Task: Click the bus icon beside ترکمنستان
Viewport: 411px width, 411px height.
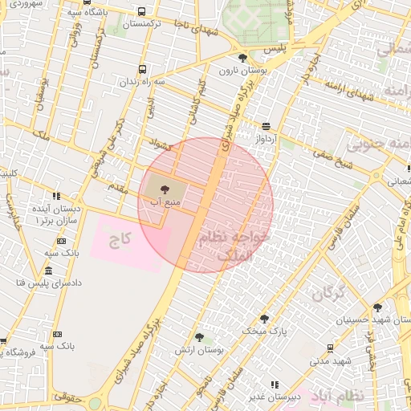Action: (142, 12)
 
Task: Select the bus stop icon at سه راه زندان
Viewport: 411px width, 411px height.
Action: (142, 70)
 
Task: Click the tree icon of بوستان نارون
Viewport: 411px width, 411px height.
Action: (243, 57)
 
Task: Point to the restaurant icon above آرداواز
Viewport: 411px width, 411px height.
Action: (267, 126)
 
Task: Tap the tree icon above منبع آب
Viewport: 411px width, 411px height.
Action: (165, 189)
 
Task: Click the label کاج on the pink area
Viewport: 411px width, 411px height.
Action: (120, 238)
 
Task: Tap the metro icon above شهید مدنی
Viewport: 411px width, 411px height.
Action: (330, 348)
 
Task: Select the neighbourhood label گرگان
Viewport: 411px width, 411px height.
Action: (325, 294)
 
